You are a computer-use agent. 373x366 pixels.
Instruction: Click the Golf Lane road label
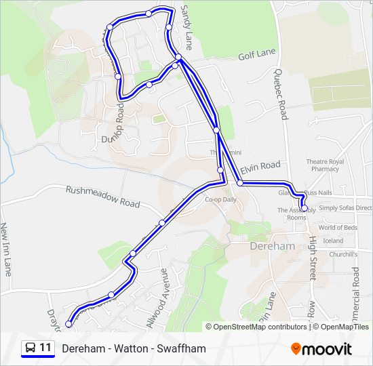(x=257, y=53)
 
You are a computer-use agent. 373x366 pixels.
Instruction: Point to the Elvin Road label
(x=260, y=165)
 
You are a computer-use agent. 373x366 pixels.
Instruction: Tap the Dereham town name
(x=273, y=247)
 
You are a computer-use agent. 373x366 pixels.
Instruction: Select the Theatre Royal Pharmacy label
(x=325, y=165)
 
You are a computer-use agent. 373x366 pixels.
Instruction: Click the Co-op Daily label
(x=221, y=200)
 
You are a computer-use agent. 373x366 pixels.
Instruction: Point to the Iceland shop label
(x=333, y=241)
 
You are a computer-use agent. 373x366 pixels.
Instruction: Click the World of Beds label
(x=338, y=228)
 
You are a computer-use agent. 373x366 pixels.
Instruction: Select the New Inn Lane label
(x=7, y=249)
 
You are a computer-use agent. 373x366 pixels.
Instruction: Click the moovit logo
(x=321, y=349)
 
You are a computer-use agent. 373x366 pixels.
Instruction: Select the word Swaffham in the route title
(x=181, y=349)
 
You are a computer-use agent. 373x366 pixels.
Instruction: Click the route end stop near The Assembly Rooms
(x=303, y=208)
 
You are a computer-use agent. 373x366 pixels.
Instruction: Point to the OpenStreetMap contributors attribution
(x=260, y=327)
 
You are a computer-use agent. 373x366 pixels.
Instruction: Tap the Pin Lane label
(x=267, y=306)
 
